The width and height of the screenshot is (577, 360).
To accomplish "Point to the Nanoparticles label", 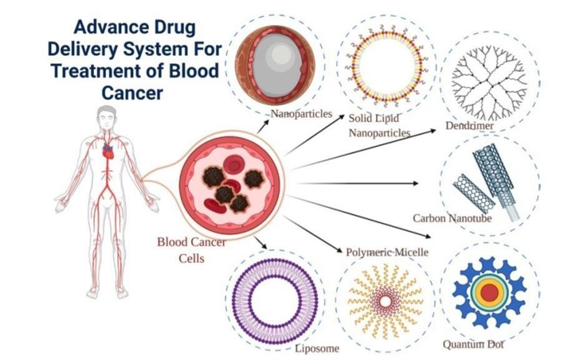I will (x=301, y=114).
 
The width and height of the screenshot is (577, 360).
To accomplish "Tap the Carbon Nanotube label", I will (x=452, y=217).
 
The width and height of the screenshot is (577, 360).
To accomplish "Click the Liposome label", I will (x=317, y=348).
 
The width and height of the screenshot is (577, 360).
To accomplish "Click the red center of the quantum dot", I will (x=489, y=293).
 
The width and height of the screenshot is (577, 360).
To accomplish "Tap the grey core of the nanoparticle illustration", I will (x=276, y=62).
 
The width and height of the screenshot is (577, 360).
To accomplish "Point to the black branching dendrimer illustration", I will (x=489, y=82).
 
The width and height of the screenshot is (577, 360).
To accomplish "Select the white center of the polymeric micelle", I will (x=385, y=302).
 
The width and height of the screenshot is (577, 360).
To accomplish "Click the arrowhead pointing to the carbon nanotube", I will (x=416, y=183).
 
